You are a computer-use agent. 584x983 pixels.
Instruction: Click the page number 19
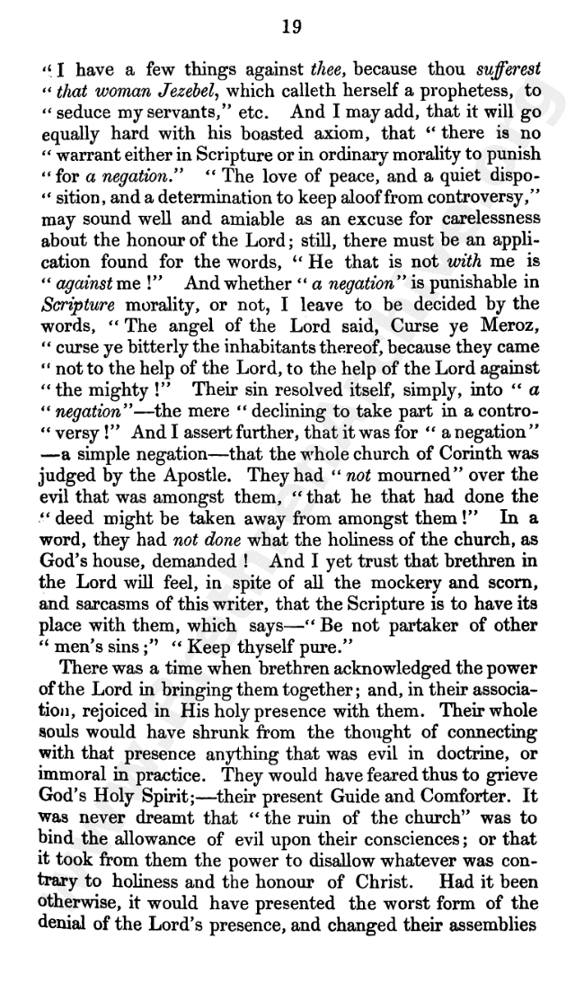290,26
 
